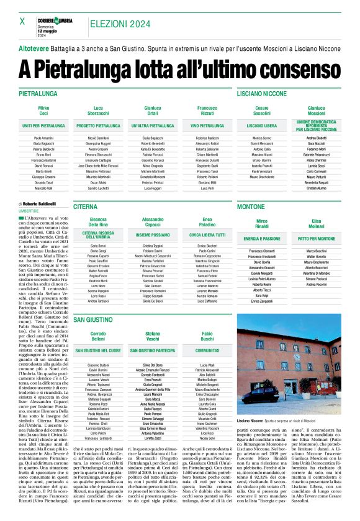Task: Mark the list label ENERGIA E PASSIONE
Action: [x=262, y=238]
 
